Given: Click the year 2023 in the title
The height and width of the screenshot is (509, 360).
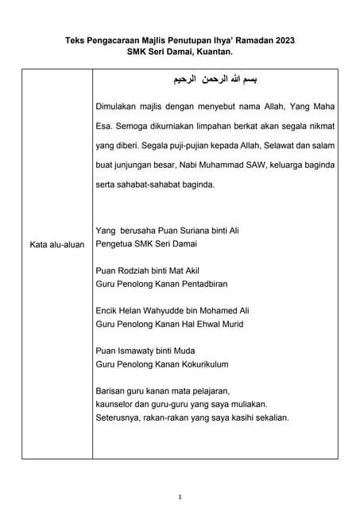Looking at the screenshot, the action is tap(292, 39).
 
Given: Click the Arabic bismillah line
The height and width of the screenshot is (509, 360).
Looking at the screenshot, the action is tap(215, 80).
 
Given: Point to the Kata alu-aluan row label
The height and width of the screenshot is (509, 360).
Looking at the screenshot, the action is tap(56, 244).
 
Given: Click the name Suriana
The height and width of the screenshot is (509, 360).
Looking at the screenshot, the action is tap(181, 231).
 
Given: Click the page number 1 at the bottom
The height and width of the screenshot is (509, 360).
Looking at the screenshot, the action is tap(180, 497).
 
